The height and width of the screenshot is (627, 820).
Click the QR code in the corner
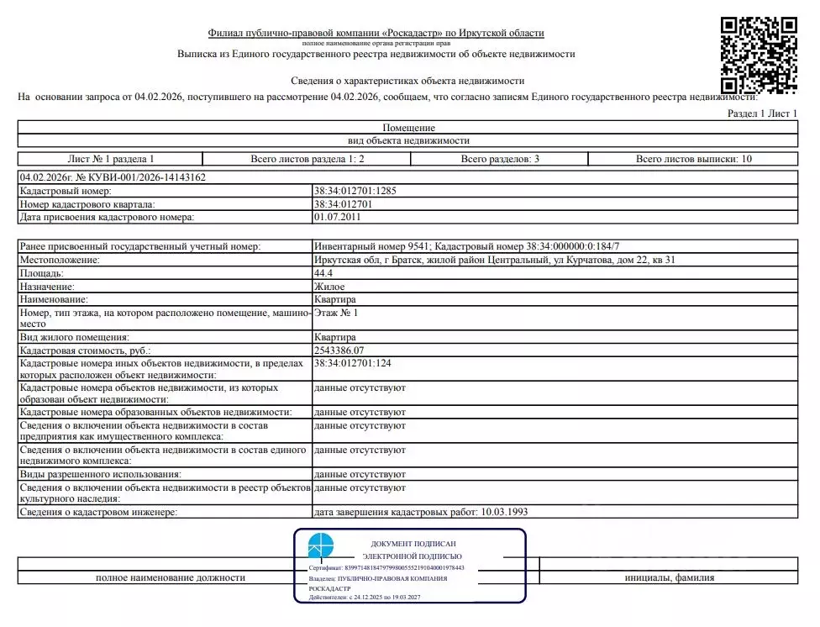coord(759,56)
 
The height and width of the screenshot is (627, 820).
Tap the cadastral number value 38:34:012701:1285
coord(355,191)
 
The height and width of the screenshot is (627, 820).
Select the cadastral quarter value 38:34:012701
coord(343,204)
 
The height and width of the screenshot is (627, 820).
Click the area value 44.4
coord(323,273)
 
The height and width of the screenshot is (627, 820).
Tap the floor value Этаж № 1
coord(335,313)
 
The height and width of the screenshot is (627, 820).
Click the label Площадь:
coord(41,273)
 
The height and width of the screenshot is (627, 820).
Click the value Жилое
coord(329,287)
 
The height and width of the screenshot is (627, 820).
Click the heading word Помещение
coord(409,128)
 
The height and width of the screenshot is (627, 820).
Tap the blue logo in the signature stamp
coord(320,545)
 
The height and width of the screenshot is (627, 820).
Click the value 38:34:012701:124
coord(352,363)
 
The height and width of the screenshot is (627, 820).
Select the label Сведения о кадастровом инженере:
coord(99,512)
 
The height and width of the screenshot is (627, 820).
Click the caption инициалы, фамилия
coord(670,577)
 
